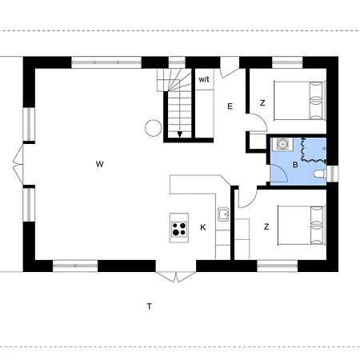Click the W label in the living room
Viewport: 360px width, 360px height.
99,164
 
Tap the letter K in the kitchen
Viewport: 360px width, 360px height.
203,227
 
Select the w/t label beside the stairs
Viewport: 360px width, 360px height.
204,79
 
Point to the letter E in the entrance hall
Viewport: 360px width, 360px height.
230,106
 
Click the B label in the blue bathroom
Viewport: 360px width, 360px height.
295,165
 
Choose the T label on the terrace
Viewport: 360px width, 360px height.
150,306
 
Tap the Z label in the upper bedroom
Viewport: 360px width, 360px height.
262,103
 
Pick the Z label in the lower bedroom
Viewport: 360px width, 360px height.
266,226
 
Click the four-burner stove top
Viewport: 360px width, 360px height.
179,229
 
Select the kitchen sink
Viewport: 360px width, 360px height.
223,214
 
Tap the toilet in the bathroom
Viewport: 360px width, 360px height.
320,174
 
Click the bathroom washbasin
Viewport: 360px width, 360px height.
282,144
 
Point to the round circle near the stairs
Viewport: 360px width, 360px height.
154,128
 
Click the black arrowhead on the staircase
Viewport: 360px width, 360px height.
180,134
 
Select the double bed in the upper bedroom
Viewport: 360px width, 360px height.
300,100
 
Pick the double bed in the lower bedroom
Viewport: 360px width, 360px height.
302,225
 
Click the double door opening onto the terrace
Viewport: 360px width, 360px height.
176,277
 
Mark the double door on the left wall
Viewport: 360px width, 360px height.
18,164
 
